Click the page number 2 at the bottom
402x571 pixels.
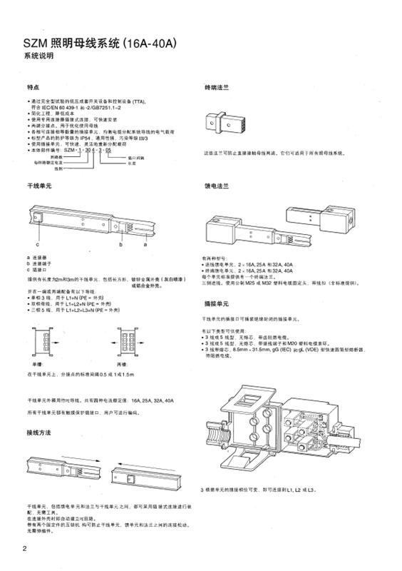24,548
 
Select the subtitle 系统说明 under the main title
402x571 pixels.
38,56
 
